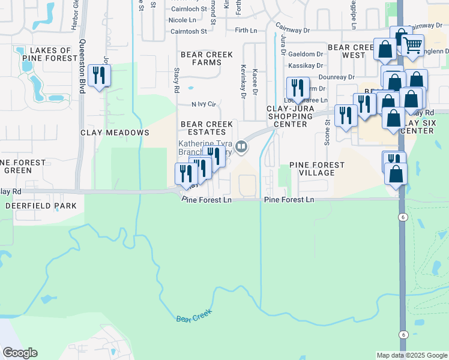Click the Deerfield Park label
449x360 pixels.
tap(41, 206)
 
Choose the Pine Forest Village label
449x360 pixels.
tap(317, 169)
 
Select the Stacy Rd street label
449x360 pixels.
tap(176, 80)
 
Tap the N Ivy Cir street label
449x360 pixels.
tap(203, 104)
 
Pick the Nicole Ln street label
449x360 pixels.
tap(187, 20)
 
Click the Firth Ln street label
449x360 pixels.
tap(246, 30)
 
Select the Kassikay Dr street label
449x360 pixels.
tap(305, 65)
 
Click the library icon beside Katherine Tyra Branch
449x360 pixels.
tap(241, 146)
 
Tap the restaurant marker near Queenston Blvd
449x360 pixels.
tap(99, 76)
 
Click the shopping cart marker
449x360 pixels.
tap(412, 45)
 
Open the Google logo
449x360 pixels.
tap(20, 353)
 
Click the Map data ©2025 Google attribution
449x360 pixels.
tap(411, 355)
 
